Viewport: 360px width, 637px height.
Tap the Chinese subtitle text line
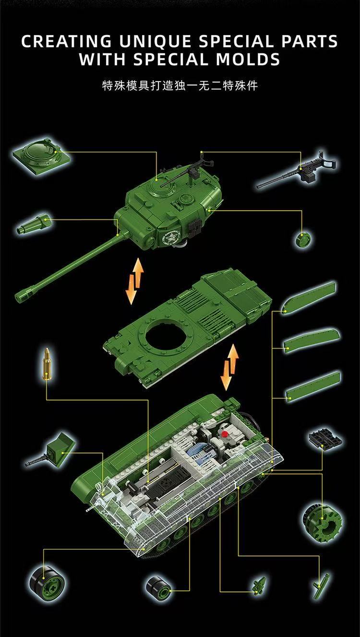point(180,86)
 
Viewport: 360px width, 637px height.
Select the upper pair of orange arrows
point(135,281)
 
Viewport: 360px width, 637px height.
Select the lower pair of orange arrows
point(229,367)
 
